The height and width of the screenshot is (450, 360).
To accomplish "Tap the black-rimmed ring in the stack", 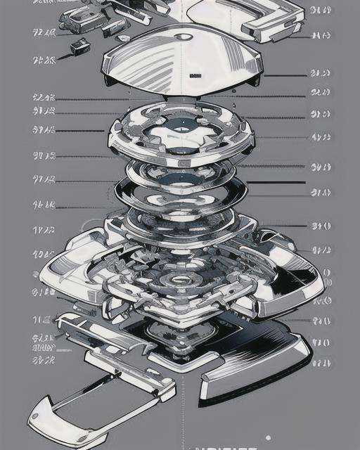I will click(x=181, y=190).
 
